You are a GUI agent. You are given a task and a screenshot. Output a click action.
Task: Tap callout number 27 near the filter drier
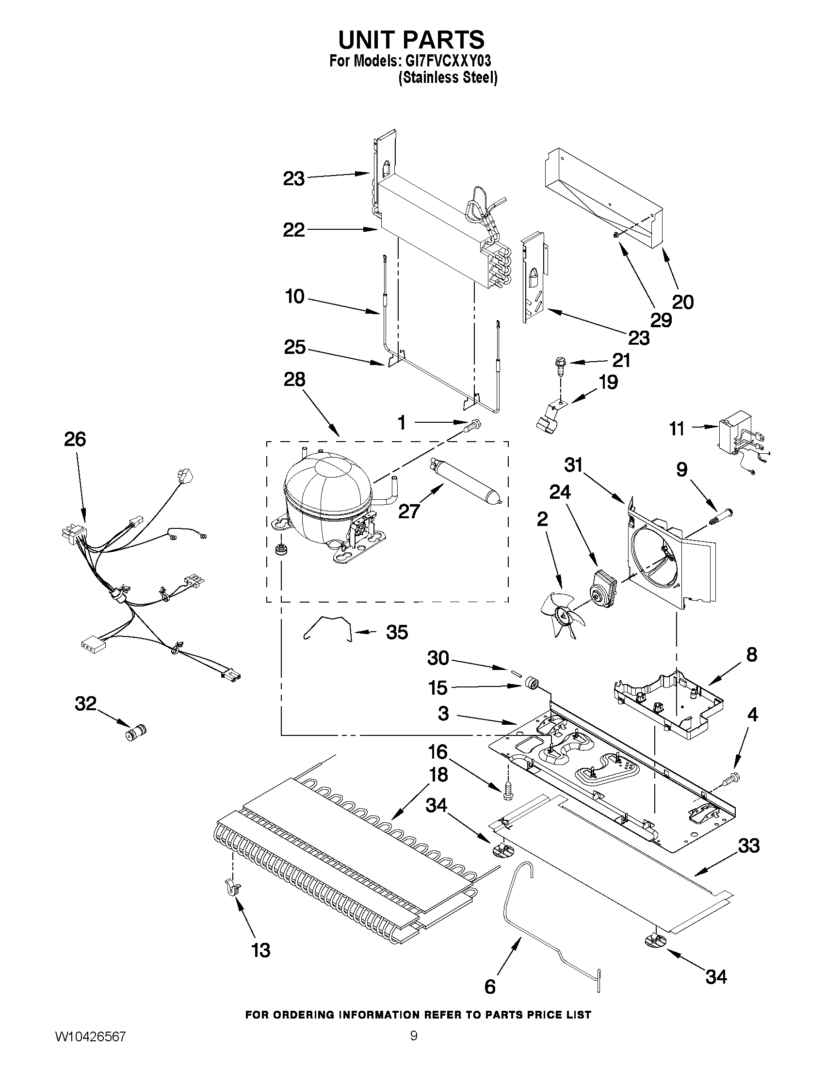(408, 511)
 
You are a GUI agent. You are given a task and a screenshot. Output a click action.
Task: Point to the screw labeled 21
(559, 365)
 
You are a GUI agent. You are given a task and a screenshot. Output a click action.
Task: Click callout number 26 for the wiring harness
(75, 440)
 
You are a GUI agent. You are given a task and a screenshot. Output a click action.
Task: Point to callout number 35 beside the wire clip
(397, 632)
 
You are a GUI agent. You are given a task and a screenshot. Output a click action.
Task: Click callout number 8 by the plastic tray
(751, 654)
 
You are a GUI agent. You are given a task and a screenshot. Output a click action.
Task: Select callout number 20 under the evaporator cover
(683, 303)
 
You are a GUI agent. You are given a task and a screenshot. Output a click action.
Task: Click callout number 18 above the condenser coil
(438, 774)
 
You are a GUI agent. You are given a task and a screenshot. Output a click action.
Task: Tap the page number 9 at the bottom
(414, 1048)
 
